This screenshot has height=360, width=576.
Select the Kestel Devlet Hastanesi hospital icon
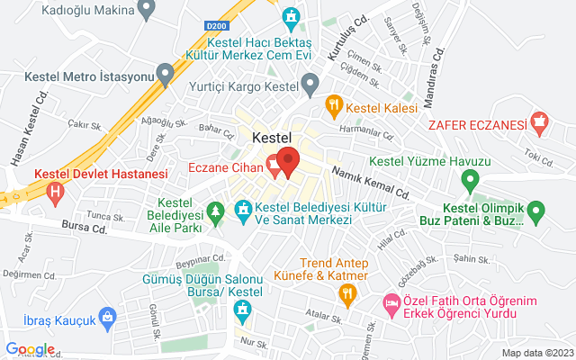(57, 191)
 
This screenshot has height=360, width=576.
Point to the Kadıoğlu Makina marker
(146, 11)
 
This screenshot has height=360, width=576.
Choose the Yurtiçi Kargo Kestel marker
(310, 85)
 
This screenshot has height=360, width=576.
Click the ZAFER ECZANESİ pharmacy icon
(539, 120)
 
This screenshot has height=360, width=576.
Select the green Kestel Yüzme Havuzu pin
(468, 182)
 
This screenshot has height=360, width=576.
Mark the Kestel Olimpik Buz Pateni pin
(536, 213)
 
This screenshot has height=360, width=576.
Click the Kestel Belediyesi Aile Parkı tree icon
(215, 212)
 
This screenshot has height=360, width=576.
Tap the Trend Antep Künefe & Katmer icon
(346, 293)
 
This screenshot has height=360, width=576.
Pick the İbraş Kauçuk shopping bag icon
(107, 316)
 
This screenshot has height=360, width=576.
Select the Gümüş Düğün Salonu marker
(242, 311)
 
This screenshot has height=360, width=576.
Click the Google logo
(30, 349)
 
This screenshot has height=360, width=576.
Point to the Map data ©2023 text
(536, 353)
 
